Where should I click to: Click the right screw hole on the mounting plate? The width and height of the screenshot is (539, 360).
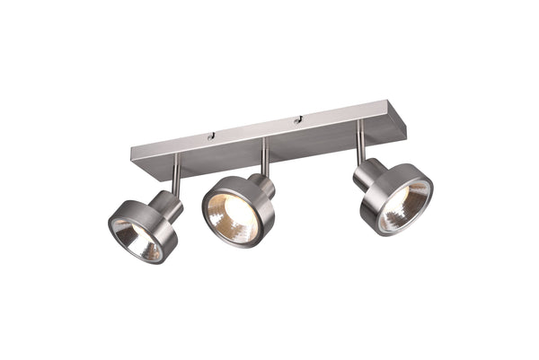click(x=296, y=119)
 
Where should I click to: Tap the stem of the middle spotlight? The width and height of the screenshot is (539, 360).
click(x=266, y=160)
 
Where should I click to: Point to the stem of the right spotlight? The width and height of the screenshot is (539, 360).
click(x=360, y=141)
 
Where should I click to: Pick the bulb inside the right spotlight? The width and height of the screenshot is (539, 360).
click(x=403, y=207)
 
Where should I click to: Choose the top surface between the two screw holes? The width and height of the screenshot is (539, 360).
click(x=254, y=127)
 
